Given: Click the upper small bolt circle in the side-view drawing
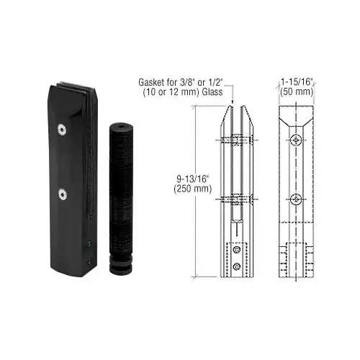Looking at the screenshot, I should [235, 251].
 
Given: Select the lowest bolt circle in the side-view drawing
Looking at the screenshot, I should [235, 267].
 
